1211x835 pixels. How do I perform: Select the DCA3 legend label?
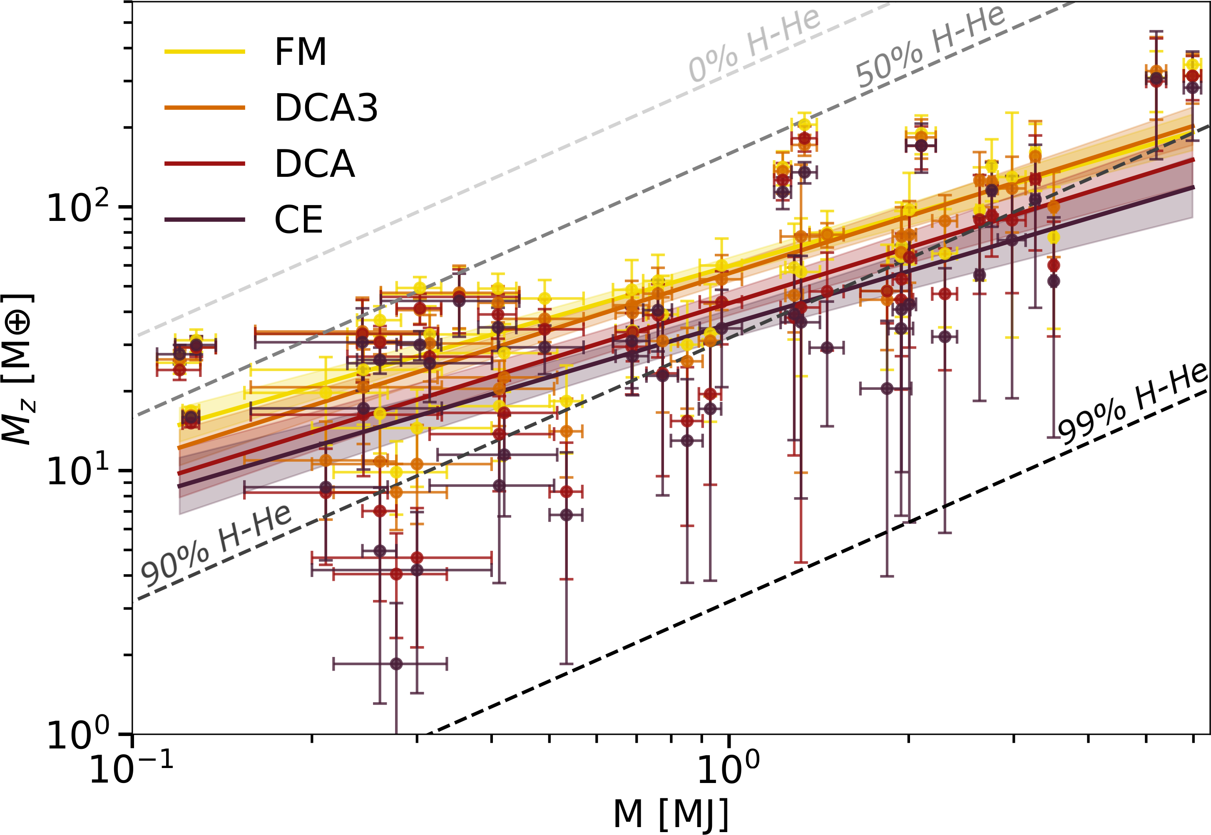coord(326,108)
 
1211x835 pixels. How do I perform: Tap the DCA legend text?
coord(315,164)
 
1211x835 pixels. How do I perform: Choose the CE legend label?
coord(298,220)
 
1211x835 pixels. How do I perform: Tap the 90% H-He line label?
coord(216,546)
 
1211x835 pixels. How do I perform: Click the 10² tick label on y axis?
coord(79,207)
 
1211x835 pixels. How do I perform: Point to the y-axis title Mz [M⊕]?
coord(19,369)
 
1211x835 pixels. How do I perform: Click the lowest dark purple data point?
coord(396,664)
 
